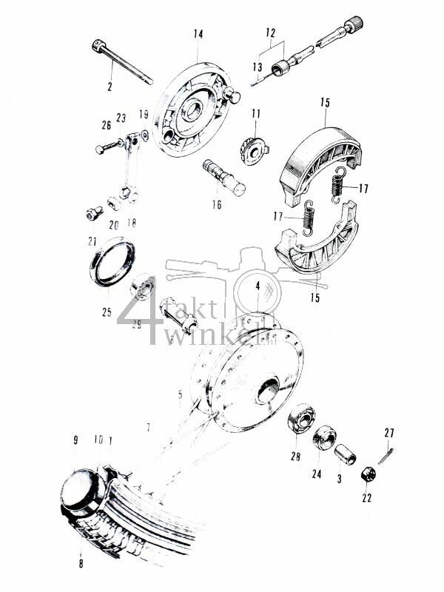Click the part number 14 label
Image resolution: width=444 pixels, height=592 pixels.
(x=198, y=34)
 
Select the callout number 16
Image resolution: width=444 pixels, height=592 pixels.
(x=216, y=205)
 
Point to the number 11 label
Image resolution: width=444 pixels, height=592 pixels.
(x=256, y=113)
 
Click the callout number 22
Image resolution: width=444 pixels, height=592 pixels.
(x=367, y=498)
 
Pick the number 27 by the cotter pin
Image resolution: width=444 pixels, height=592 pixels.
(x=390, y=432)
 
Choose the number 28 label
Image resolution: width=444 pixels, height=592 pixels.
(x=297, y=457)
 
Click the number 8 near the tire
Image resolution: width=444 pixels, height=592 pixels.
(x=82, y=562)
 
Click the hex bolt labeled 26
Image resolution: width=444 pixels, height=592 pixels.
(x=110, y=147)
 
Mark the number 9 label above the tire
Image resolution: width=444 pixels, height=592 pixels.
(x=75, y=440)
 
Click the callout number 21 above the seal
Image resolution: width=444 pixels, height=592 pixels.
(x=92, y=241)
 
